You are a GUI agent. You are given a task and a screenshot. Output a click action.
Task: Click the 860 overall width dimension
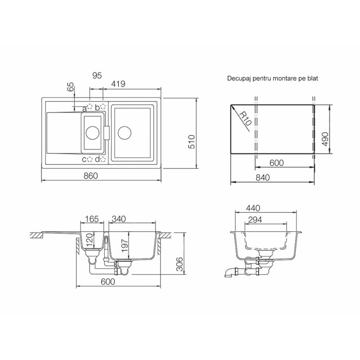click(91, 176)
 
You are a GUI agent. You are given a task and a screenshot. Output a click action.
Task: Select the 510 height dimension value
click(192, 142)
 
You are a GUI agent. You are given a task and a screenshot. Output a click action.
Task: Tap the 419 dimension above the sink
click(118, 84)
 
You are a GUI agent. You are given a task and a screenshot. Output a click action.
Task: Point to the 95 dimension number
click(97, 75)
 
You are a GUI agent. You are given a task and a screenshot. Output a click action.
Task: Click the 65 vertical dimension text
click(72, 87)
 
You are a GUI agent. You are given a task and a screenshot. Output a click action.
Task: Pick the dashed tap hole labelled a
click(90, 106)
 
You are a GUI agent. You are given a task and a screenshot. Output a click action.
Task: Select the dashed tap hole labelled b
click(103, 106)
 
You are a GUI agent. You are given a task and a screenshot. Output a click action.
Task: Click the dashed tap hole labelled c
click(90, 159)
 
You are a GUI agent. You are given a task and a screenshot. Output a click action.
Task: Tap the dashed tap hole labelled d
click(103, 159)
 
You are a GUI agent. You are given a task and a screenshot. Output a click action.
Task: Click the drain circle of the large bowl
click(125, 133)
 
